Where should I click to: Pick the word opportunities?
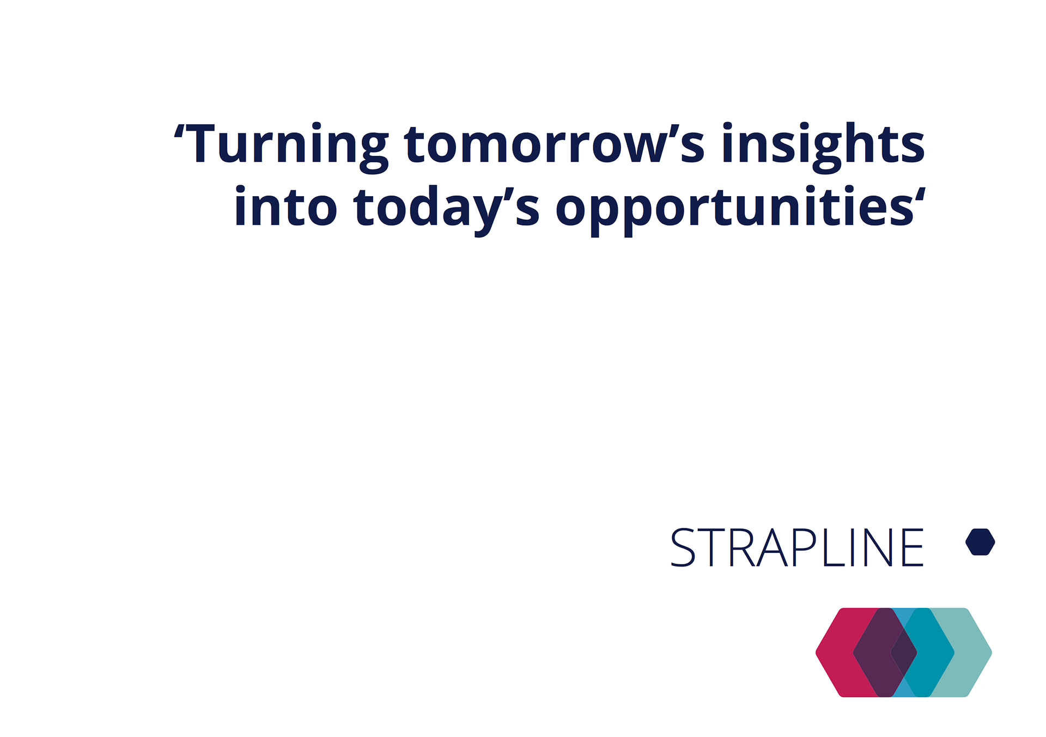coord(735,210)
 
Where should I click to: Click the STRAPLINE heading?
coord(797,547)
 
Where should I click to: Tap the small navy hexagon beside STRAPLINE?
coord(980,542)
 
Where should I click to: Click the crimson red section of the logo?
coord(836,653)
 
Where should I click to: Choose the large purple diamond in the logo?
coord(874,653)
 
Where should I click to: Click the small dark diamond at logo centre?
coord(904,653)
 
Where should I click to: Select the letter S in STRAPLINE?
coord(683,547)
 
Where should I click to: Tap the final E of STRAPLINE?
coord(913,547)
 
